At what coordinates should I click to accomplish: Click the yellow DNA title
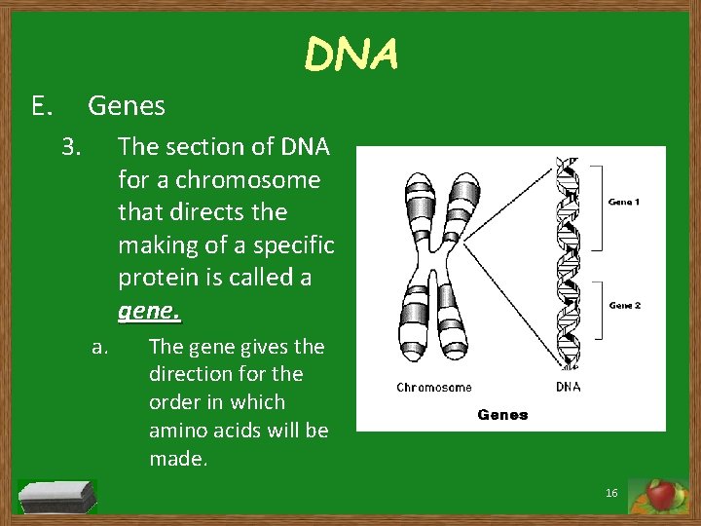pyautogui.click(x=351, y=55)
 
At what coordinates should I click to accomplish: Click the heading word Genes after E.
pyautogui.click(x=127, y=105)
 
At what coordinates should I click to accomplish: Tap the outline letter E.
pyautogui.click(x=41, y=105)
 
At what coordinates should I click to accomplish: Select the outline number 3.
pyautogui.click(x=71, y=147)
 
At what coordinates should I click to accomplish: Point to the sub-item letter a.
pyautogui.click(x=98, y=346)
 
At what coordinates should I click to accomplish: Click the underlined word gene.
pyautogui.click(x=149, y=312)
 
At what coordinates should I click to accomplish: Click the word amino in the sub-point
pyautogui.click(x=178, y=431)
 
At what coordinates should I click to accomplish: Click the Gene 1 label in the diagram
pyautogui.click(x=624, y=202)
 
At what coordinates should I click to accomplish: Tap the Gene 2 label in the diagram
pyautogui.click(x=624, y=305)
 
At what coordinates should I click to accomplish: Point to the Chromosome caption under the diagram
pyautogui.click(x=434, y=387)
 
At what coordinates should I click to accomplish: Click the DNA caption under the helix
pyautogui.click(x=568, y=387)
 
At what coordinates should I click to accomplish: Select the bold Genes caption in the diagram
pyautogui.click(x=503, y=414)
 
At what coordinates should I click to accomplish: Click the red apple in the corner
pyautogui.click(x=661, y=496)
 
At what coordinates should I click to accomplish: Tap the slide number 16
pyautogui.click(x=611, y=494)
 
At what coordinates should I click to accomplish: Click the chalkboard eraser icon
pyautogui.click(x=58, y=496)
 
